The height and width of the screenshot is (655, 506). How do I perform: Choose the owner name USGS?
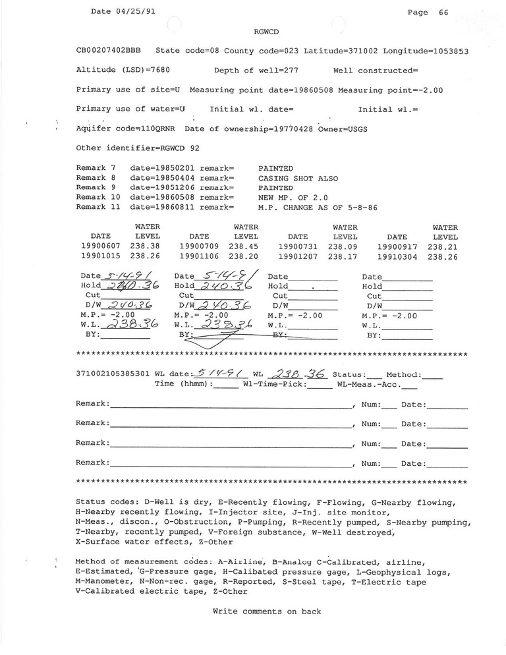[356, 128]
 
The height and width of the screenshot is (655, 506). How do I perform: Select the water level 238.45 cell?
[245, 246]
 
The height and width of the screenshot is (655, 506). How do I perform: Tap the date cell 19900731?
[298, 246]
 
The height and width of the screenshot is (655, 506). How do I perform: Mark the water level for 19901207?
[345, 256]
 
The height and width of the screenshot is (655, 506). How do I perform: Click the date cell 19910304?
[397, 256]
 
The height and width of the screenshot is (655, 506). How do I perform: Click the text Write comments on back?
[267, 612]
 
